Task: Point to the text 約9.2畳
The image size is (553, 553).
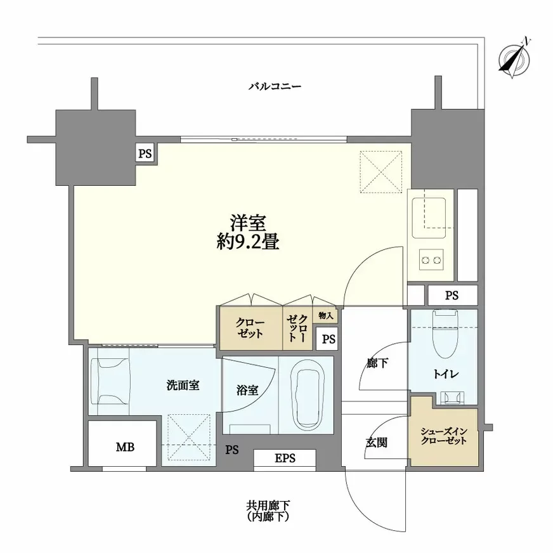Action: pos(247,242)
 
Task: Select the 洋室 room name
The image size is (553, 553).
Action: pos(247,223)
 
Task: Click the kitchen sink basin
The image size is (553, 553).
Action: pos(429,212)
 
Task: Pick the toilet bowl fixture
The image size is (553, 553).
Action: pos(441,333)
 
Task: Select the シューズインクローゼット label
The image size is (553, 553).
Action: pos(443,436)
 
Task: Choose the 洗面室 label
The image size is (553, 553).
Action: pos(183,385)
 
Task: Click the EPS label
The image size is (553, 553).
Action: pos(285,458)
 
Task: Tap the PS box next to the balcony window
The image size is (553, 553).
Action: pos(145,153)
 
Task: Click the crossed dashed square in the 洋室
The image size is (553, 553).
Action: pos(381,171)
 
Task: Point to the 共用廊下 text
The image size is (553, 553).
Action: pos(268,505)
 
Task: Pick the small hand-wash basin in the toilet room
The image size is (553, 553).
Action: pos(452,398)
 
